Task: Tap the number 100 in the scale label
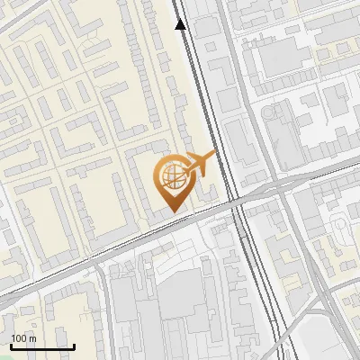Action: coord(20,338)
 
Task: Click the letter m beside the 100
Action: coord(32,338)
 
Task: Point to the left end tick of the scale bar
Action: coord(11,345)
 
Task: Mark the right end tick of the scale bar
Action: coord(74,345)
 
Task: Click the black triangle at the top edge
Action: coord(181,24)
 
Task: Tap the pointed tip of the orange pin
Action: coord(172,211)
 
